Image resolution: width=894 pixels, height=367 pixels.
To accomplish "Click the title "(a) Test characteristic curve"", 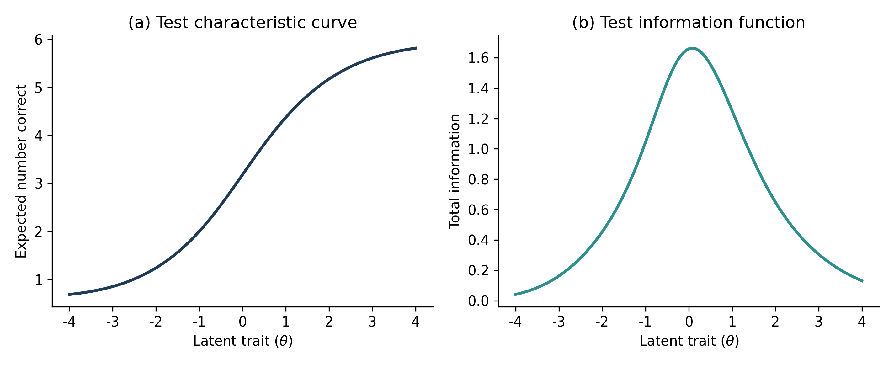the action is [242, 23].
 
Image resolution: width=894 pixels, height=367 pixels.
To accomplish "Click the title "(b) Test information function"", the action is [689, 23].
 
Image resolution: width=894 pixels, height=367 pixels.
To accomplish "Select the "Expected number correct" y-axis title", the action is [21, 171].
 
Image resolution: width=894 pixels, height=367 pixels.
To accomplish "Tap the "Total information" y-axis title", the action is [454, 171].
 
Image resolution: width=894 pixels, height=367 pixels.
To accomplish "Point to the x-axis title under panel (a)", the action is [243, 341].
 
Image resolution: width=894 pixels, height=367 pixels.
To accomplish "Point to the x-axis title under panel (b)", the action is [689, 341].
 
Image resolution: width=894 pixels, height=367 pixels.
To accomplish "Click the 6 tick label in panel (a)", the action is [39, 40].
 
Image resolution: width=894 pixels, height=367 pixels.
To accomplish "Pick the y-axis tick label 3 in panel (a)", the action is [39, 184].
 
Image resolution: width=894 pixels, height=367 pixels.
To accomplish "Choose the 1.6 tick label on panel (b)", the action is [478, 58].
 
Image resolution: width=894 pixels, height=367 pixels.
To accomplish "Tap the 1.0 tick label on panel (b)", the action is [478, 149].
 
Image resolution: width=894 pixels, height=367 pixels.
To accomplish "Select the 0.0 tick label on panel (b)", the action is [478, 301].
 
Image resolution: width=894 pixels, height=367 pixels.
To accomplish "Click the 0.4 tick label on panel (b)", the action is [478, 240].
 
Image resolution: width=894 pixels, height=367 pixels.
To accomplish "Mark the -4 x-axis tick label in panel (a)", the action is [69, 322].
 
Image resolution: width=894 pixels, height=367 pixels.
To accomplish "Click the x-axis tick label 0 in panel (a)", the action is [242, 322].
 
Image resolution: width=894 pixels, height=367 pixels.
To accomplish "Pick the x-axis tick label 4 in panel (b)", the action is [862, 322].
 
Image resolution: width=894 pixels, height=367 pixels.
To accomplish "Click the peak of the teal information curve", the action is [692, 48].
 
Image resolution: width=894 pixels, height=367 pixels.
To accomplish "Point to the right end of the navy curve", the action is [417, 48].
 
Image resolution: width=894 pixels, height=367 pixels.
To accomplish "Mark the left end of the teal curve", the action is [515, 295].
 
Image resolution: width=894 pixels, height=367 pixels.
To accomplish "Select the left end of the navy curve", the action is [68, 295].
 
